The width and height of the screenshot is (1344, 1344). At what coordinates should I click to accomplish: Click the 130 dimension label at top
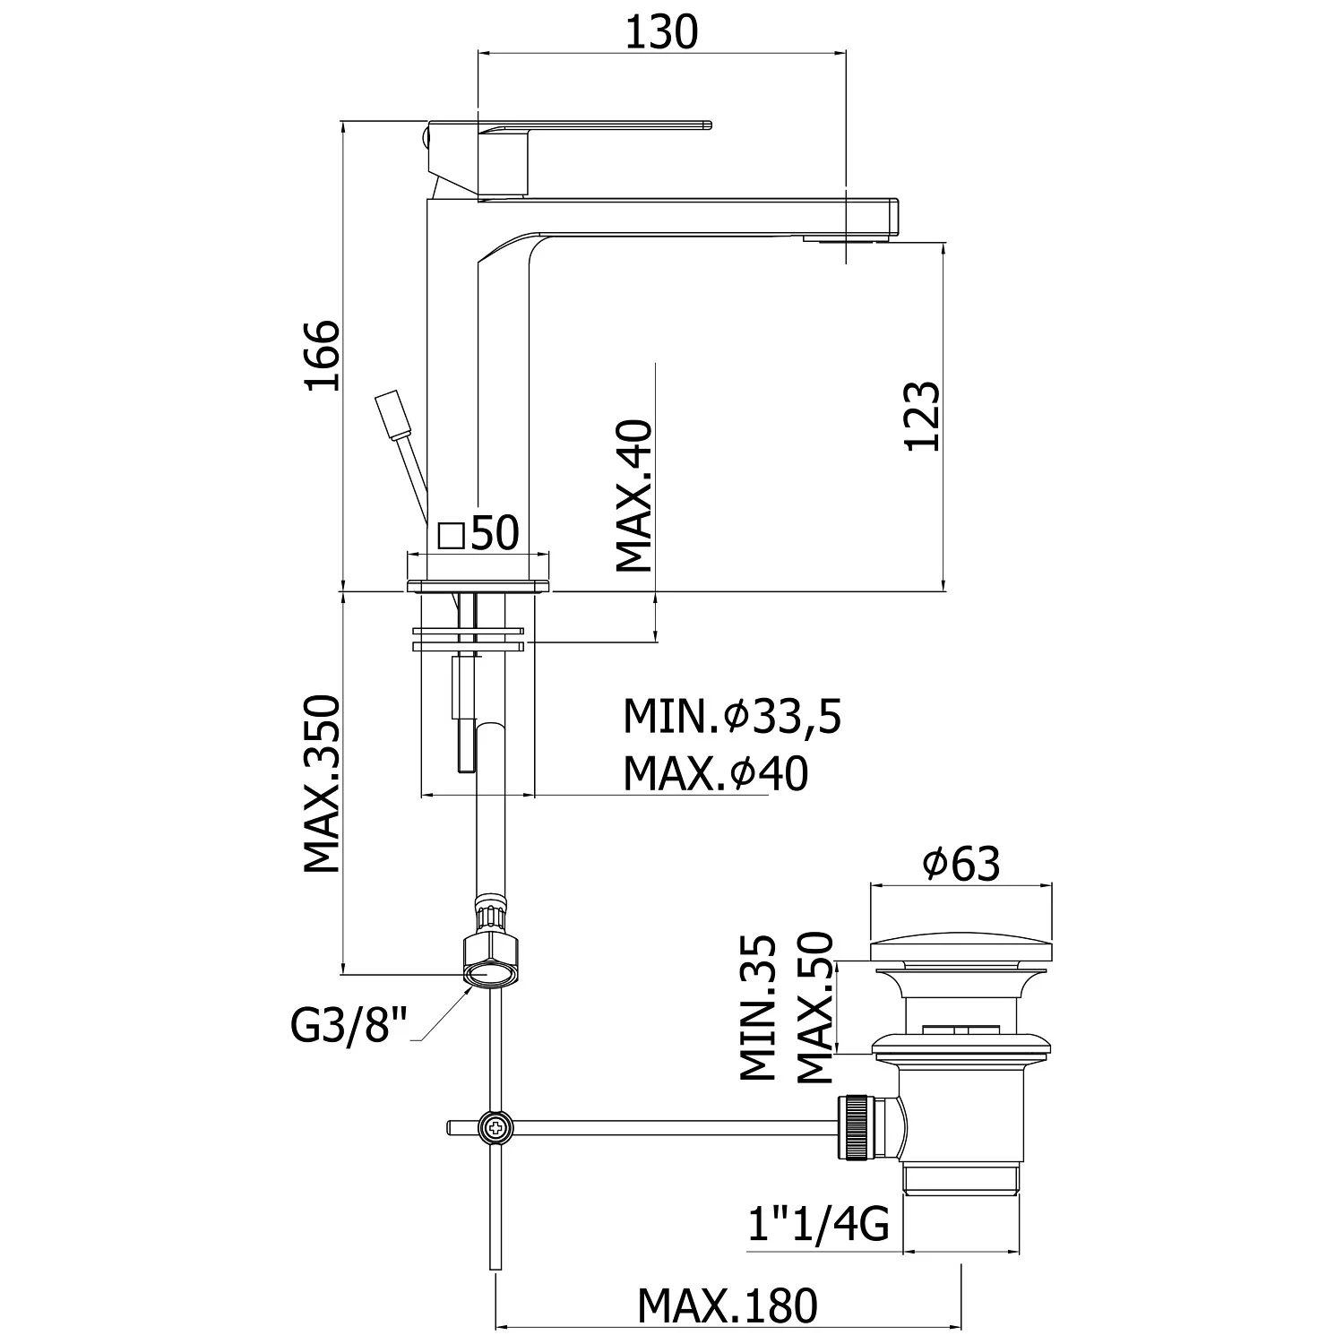click(661, 32)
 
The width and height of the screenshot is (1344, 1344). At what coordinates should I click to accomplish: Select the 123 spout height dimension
click(923, 417)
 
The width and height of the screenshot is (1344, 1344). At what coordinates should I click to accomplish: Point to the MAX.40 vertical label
click(634, 495)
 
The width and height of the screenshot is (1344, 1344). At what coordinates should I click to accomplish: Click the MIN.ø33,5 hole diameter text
click(732, 717)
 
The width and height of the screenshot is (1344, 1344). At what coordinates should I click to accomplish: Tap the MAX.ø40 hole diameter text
click(715, 774)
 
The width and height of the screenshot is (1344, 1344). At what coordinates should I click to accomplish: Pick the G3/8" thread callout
click(349, 1025)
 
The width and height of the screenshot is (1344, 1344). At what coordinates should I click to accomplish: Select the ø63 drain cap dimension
click(961, 864)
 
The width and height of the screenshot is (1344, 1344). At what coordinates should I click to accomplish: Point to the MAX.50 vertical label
click(814, 1006)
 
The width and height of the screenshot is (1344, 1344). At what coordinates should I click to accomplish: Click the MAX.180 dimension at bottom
click(728, 1305)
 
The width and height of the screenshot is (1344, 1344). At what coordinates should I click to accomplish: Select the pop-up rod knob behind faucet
click(391, 413)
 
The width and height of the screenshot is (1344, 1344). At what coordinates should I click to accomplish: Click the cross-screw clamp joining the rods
click(494, 1126)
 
